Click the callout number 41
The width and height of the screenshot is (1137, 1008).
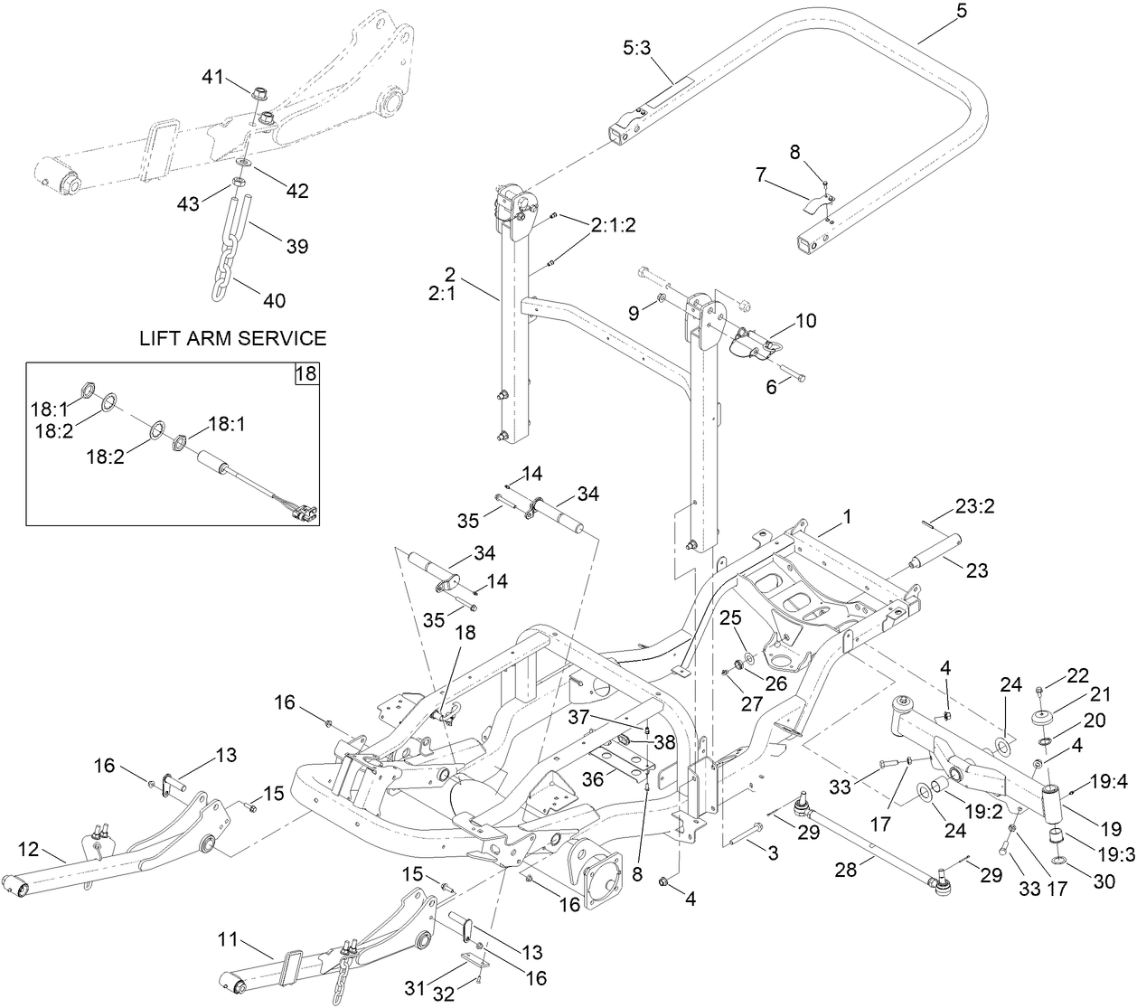pos(212,78)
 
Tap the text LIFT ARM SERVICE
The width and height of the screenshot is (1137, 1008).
pos(232,339)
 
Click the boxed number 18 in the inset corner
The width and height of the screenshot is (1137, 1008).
pos(307,373)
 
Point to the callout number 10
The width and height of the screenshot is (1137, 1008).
pos(804,320)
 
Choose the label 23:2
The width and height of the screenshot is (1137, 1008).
pos(974,505)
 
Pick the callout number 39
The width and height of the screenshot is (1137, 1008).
pos(296,246)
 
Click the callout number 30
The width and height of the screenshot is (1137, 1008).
pos(1104,882)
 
